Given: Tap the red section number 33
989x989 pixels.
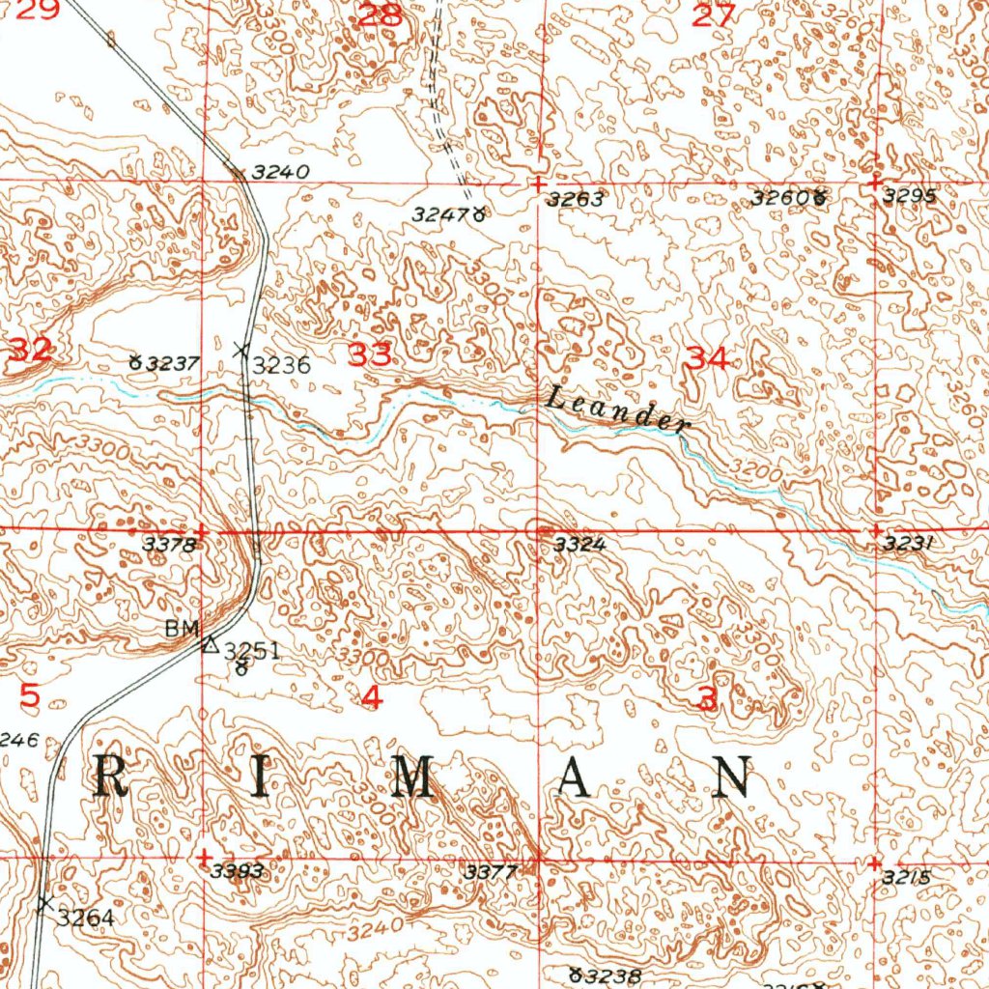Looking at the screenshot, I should pos(371,355).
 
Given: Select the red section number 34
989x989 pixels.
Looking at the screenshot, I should pos(707,358).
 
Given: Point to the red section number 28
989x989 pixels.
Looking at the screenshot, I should pos(379,15).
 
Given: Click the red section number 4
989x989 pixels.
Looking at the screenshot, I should pos(371,695).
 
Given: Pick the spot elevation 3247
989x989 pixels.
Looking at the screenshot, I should pos(442,214).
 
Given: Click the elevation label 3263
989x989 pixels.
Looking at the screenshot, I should pos(575,200).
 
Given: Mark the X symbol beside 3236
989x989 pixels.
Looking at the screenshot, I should pos(241,349).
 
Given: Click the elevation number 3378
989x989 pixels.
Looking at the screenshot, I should pos(170,545).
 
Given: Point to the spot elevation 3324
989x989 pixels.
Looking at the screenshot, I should pos(579,545).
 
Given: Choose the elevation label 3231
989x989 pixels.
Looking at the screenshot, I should pos(908,545).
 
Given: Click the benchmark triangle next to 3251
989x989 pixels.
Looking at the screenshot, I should pos(210,644).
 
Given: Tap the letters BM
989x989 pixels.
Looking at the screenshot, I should pos(181,629).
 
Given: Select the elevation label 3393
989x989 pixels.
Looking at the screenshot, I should pos(237,871).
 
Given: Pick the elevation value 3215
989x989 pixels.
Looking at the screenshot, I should pos(906,877).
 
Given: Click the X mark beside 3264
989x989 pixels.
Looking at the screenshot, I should pos(43,904).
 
